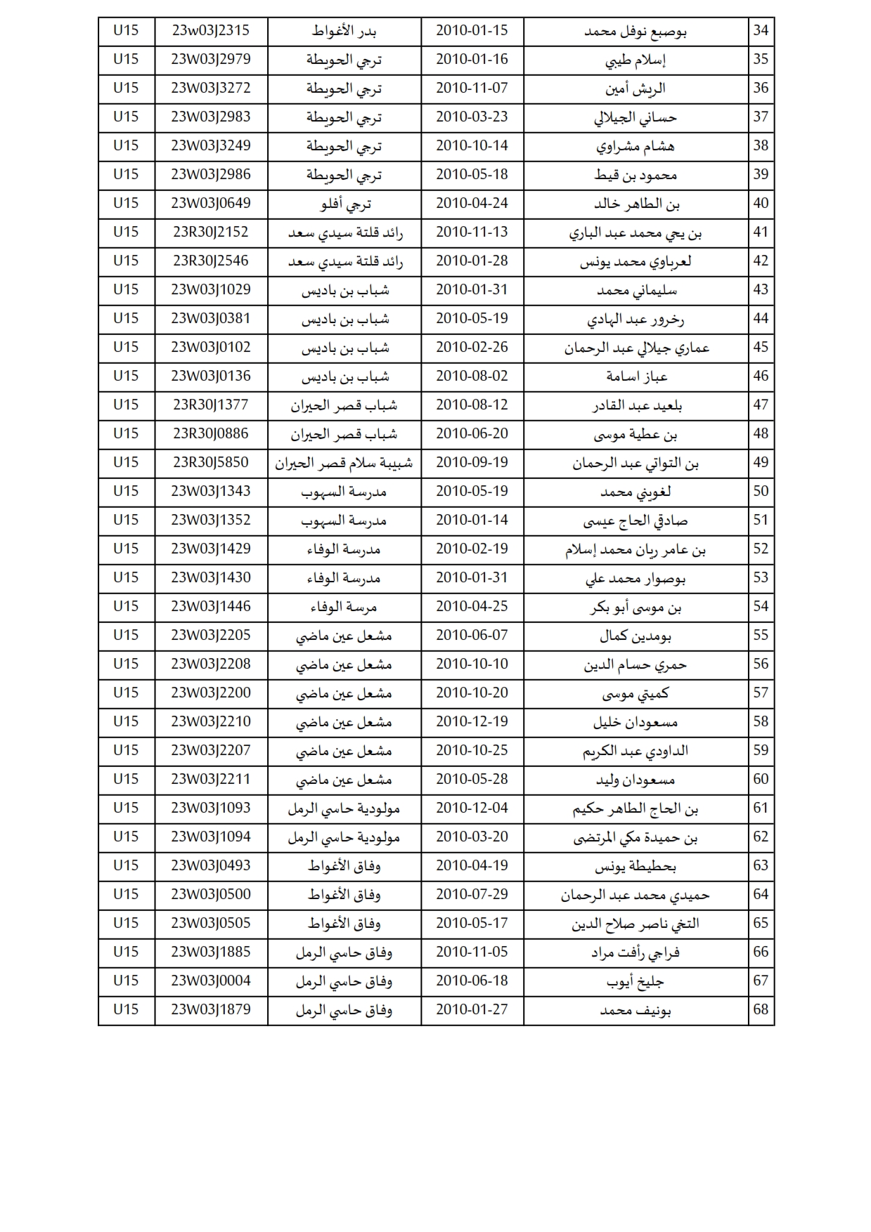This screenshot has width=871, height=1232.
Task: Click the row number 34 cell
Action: tap(761, 31)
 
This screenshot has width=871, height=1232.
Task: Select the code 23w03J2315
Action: tap(210, 31)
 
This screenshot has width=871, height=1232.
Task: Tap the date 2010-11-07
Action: tap(472, 89)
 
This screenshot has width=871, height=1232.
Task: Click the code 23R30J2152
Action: tap(210, 232)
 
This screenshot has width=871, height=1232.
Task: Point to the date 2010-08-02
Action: tap(472, 376)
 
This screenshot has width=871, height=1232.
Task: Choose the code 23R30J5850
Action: tap(210, 463)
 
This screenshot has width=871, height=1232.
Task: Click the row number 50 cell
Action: tap(761, 492)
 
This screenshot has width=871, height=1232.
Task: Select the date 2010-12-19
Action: tap(472, 722)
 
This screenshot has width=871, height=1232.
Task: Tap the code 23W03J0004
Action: tap(210, 981)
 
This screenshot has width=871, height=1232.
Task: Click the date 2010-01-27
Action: tap(472, 1010)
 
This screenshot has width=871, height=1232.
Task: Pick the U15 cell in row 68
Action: tap(126, 1010)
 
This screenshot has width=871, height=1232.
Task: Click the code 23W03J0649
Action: tap(210, 204)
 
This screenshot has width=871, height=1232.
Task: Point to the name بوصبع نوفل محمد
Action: tap(635, 32)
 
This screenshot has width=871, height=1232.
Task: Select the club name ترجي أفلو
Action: tap(344, 204)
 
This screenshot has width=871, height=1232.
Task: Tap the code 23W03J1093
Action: tap(210, 808)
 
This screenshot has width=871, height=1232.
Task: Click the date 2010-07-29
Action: tap(472, 895)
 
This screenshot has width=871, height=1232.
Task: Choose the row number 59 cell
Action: tap(761, 751)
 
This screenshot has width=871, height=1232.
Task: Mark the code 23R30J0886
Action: tap(210, 434)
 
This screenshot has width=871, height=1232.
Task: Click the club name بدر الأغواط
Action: tap(344, 32)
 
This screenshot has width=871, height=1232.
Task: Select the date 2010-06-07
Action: tap(472, 636)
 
